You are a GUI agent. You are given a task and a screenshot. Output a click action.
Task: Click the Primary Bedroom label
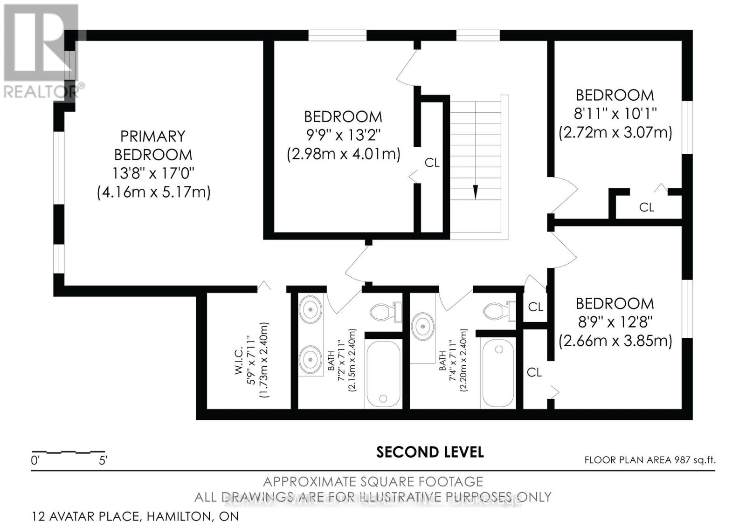(x=153, y=145)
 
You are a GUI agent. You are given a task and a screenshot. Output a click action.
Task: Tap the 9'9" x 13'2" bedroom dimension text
(x=343, y=135)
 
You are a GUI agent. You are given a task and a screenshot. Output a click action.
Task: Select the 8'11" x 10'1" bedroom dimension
(x=615, y=114)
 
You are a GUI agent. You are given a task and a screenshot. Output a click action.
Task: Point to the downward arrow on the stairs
(x=475, y=192)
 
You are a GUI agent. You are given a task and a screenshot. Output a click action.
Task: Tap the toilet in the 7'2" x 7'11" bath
(x=385, y=311)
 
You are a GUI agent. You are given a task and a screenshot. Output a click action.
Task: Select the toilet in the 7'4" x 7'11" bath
(x=499, y=310)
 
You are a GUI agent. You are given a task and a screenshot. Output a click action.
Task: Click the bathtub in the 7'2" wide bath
(x=383, y=373)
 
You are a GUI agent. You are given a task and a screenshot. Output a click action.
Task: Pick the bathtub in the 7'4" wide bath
(x=498, y=373)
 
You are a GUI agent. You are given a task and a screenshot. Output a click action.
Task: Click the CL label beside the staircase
(x=432, y=163)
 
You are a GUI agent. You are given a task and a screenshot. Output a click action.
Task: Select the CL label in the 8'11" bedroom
(x=646, y=207)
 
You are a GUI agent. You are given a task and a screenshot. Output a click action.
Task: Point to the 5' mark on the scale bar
(x=103, y=461)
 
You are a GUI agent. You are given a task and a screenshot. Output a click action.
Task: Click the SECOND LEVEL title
(x=430, y=452)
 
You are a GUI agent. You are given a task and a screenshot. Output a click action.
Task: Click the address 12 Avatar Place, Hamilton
(x=135, y=516)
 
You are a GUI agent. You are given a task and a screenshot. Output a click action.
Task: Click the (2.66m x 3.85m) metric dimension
(x=615, y=341)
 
